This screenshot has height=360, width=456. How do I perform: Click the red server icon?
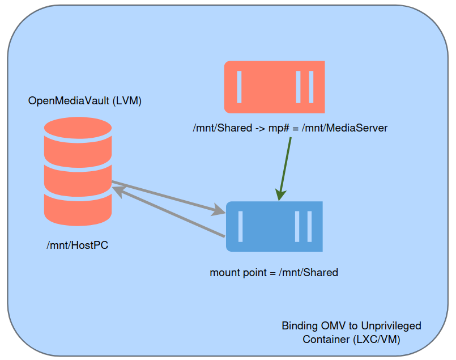(274, 87)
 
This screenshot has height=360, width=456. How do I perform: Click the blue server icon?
(274, 226)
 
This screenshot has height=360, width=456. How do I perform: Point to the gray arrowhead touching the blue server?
(219, 210)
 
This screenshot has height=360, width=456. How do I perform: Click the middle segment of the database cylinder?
(78, 177)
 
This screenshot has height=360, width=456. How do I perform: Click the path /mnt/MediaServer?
(344, 128)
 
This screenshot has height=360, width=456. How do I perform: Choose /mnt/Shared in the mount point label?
(308, 273)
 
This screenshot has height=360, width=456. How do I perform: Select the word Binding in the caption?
(300, 326)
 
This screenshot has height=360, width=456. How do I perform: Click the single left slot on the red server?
(239, 87)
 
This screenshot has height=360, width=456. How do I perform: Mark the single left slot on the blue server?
(241, 226)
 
